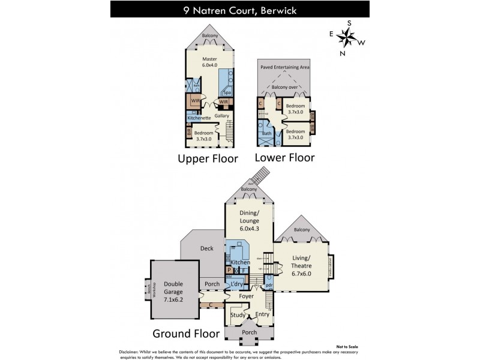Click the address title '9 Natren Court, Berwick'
point(240,10)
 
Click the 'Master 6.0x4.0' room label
point(209,62)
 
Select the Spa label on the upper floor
point(227,93)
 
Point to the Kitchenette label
point(198,118)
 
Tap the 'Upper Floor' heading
point(208,158)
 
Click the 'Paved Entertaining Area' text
point(284,68)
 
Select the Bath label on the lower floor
point(267,134)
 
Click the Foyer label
point(247,296)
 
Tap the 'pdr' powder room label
point(269,286)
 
